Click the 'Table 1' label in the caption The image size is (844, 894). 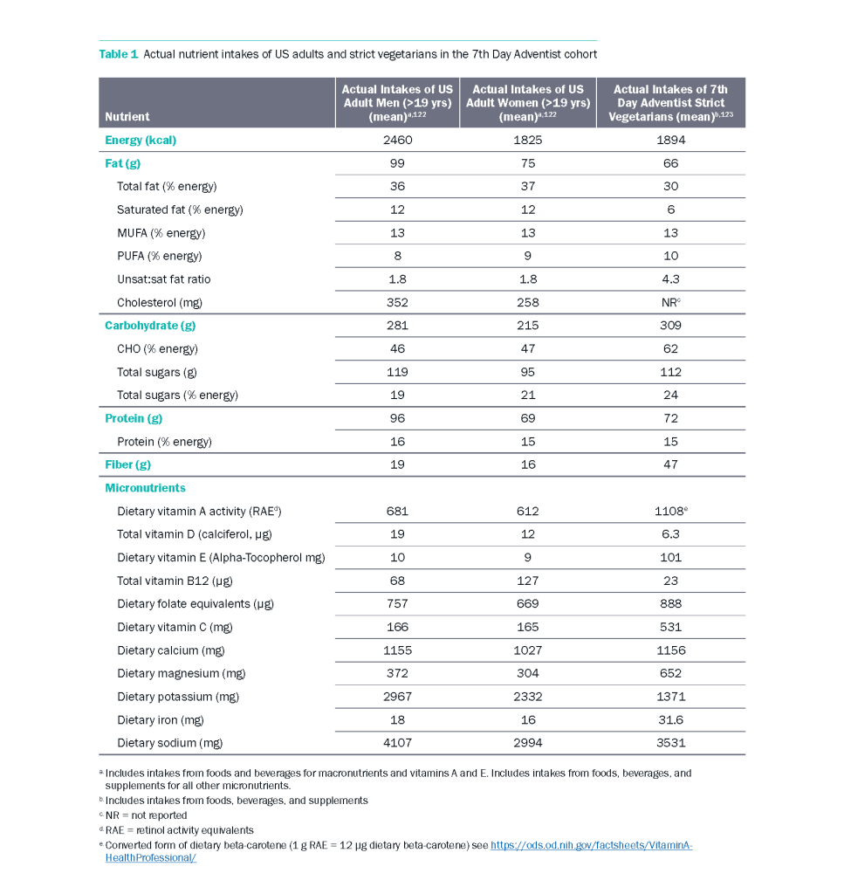click(x=119, y=54)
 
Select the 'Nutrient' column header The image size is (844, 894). click(x=127, y=116)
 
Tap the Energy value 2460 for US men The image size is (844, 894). click(x=397, y=140)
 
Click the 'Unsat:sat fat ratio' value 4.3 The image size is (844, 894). click(x=670, y=279)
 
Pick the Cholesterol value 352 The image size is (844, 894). click(x=397, y=303)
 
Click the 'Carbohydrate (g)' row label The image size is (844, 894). click(x=150, y=326)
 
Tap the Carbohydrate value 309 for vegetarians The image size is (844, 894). click(x=670, y=326)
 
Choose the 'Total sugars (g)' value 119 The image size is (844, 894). click(x=397, y=372)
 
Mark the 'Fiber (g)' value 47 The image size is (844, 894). click(x=670, y=464)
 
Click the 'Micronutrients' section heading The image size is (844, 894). click(x=145, y=488)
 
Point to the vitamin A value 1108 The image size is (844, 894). click(x=669, y=511)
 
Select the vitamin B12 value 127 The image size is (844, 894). click(x=528, y=581)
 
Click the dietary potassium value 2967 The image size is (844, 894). click(x=397, y=697)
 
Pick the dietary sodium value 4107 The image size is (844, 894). click(x=397, y=743)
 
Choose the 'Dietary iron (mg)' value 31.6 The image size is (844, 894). click(x=670, y=720)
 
